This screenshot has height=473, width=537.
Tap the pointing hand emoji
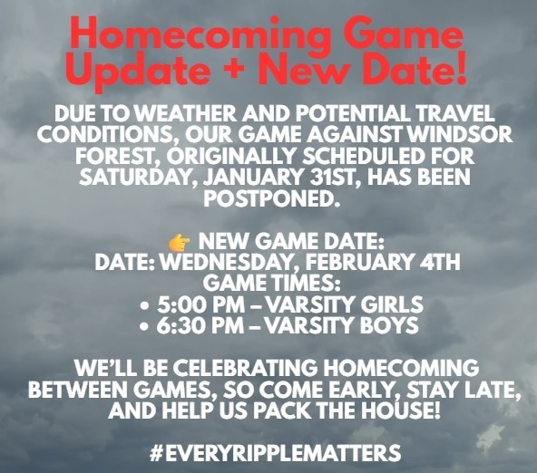point(179,243)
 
